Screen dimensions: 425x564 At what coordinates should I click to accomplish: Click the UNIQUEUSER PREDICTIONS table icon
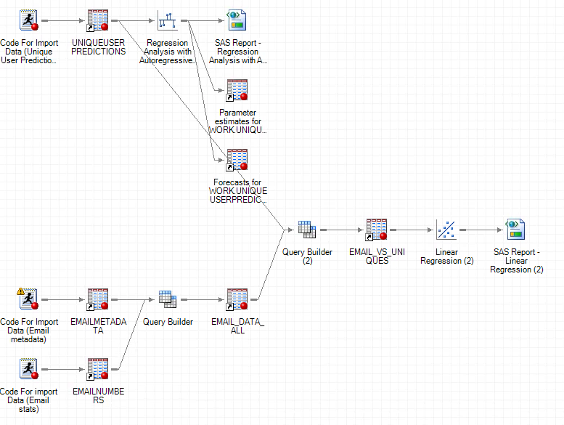(x=98, y=20)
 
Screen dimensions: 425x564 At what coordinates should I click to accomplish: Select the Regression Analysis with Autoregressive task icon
(x=168, y=20)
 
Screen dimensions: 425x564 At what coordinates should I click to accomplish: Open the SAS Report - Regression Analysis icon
(x=237, y=20)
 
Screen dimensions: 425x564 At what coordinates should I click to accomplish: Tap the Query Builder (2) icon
(x=307, y=230)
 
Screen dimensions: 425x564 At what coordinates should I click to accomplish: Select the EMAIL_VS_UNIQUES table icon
(x=377, y=230)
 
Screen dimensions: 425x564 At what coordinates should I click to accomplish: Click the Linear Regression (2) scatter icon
(x=446, y=230)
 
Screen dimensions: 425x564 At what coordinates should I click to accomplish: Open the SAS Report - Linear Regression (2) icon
(x=516, y=230)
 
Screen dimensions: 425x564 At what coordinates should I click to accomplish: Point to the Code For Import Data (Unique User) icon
(x=28, y=20)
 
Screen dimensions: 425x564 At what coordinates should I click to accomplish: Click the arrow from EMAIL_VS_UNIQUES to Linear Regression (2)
(x=412, y=230)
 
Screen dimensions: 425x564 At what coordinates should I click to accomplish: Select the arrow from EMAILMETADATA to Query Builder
(x=132, y=299)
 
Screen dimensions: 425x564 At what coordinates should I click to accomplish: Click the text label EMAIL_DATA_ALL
(x=237, y=325)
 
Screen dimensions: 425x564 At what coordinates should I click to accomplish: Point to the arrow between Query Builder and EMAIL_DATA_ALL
(x=203, y=299)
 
